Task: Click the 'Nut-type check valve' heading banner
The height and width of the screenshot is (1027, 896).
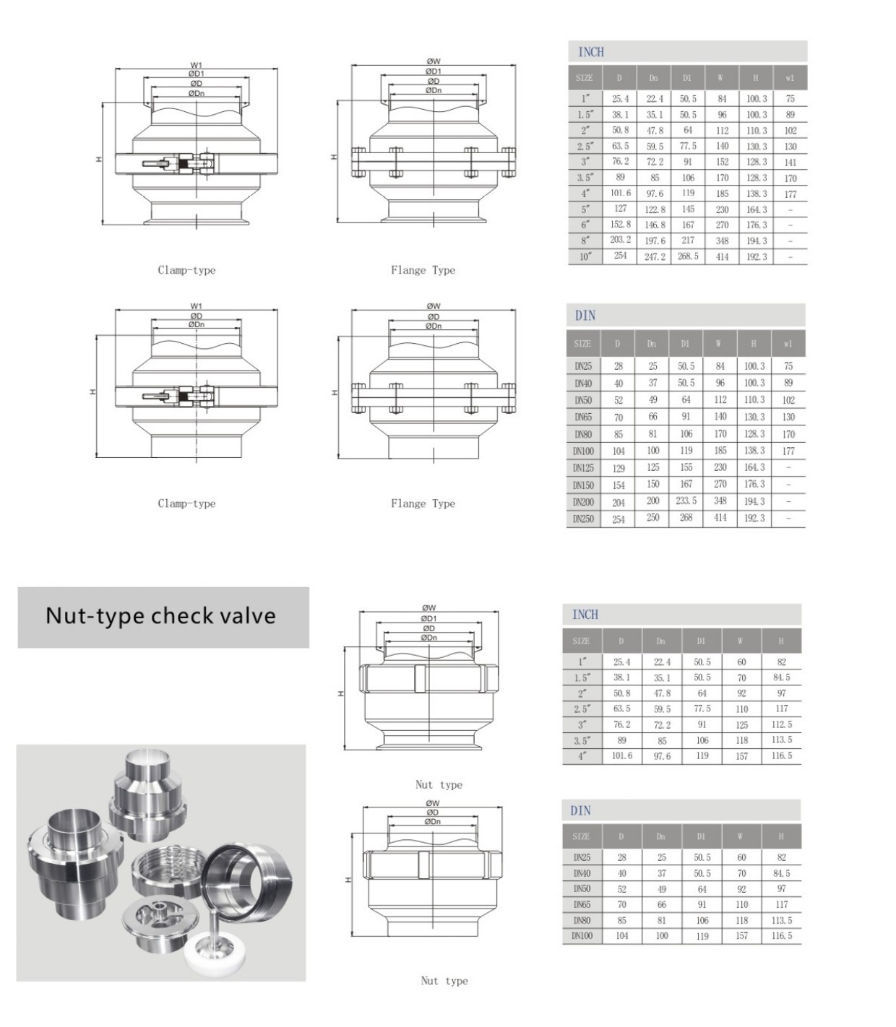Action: pos(162,616)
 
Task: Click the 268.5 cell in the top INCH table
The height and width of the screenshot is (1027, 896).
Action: pos(687,256)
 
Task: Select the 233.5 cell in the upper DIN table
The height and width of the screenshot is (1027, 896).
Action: pos(686,500)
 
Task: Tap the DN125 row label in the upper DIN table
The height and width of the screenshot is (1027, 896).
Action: pos(583,468)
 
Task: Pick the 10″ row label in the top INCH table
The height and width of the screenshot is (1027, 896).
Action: pos(585,256)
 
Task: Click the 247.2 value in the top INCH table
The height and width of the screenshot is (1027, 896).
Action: pos(655,257)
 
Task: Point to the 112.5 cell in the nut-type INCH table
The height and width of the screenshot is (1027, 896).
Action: pos(781,724)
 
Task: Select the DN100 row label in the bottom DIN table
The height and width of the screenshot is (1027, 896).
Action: pos(582,936)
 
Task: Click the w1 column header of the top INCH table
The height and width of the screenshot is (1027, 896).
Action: pos(790,78)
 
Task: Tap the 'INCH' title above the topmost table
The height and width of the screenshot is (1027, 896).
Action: pos(591,52)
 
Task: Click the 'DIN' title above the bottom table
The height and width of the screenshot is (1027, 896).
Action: pos(581,810)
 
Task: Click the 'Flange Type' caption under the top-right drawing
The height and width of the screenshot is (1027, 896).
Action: pos(423,270)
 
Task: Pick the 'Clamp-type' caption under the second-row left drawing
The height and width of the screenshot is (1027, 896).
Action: pos(186,503)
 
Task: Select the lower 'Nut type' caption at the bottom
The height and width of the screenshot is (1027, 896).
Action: pos(444,981)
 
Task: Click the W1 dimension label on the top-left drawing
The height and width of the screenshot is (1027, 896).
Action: pos(196,65)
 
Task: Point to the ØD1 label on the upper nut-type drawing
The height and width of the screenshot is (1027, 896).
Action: pos(428,618)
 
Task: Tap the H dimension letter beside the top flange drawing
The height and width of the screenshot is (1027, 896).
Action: pos(334,157)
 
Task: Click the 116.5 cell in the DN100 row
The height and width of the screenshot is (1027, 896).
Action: pos(781,936)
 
